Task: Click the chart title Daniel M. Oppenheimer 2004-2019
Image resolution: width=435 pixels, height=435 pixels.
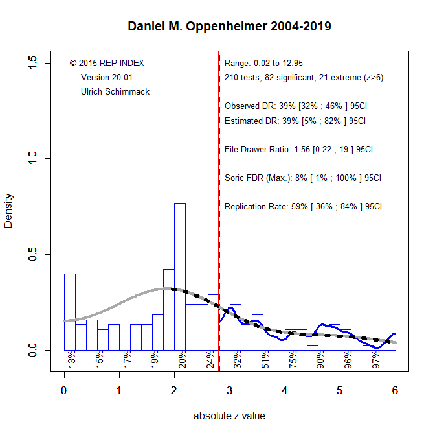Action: click(x=230, y=27)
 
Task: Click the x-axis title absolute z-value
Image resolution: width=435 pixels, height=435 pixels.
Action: click(x=230, y=416)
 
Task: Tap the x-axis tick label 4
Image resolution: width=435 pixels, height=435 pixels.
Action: click(x=285, y=391)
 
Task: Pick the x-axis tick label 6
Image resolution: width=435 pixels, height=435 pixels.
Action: click(x=395, y=391)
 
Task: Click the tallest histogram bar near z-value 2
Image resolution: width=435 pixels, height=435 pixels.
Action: click(x=180, y=279)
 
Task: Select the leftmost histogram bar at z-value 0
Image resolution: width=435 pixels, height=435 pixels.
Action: click(x=70, y=311)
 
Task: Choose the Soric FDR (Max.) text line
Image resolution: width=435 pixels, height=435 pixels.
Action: click(x=302, y=178)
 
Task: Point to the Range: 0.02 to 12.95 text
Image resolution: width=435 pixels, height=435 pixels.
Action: click(x=263, y=64)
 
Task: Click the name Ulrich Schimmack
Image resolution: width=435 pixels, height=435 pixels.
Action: click(x=115, y=92)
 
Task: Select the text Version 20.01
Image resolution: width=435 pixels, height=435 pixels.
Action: click(x=106, y=77)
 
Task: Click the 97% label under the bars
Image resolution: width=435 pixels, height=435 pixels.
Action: click(x=375, y=359)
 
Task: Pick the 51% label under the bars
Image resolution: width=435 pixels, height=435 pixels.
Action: click(x=265, y=359)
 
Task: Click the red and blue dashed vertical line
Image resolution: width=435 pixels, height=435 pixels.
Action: click(x=219, y=259)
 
